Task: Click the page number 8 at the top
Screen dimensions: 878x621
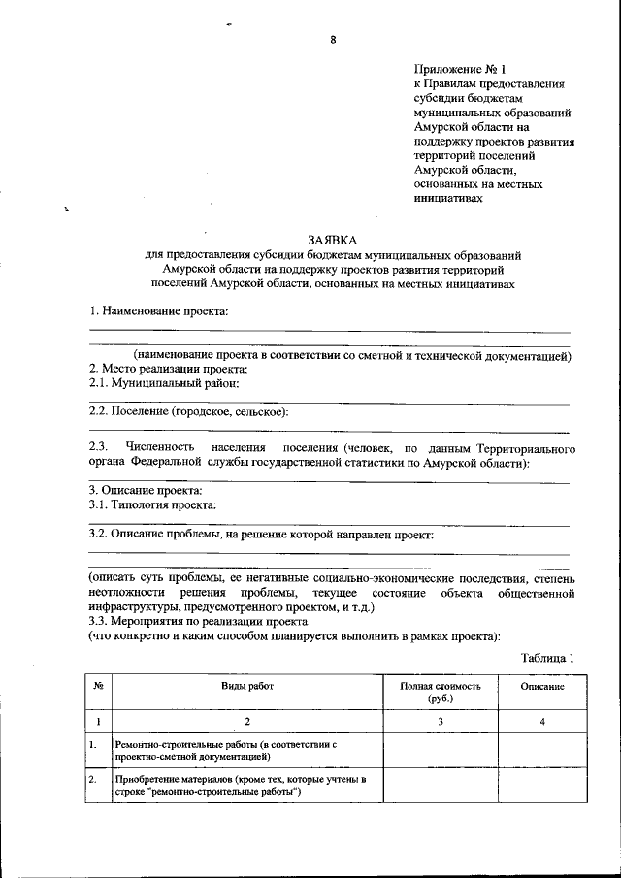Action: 332,40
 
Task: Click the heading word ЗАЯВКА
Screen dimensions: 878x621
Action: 332,239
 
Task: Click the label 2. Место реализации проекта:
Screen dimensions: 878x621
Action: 168,370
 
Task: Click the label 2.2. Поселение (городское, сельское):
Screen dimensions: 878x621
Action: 188,412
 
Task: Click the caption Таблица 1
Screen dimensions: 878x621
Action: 547,657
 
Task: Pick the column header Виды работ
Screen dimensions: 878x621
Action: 247,686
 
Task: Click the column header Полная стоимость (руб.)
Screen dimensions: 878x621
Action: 441,692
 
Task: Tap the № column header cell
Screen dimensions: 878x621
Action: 98,686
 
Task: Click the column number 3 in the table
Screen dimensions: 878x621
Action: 441,722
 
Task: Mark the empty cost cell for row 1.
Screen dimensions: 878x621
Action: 441,750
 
